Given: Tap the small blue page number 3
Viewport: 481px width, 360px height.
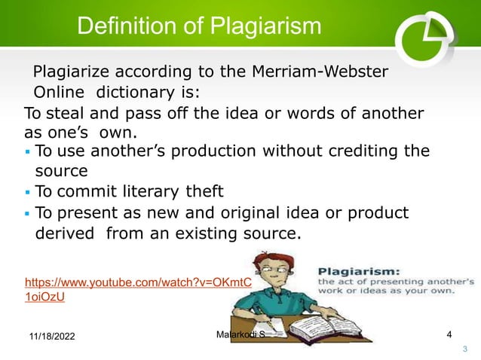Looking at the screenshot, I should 464,347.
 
